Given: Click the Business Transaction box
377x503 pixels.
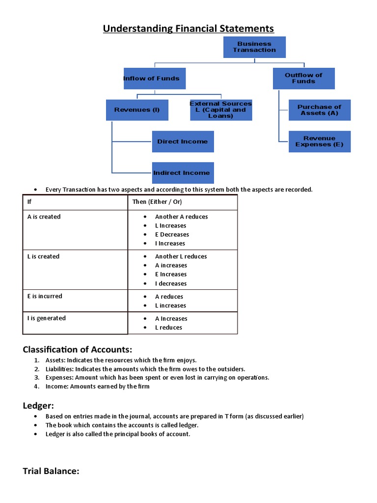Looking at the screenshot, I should click(x=254, y=47).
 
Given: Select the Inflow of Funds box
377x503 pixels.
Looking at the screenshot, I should click(x=154, y=79).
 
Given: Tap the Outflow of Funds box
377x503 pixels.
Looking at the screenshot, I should click(x=303, y=79).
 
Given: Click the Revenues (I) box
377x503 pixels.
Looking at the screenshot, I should click(x=137, y=110).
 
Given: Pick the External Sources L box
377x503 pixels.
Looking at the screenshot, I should click(x=220, y=110).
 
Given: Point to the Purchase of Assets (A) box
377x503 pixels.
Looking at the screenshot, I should click(x=319, y=110).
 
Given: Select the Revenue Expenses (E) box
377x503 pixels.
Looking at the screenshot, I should click(x=319, y=141).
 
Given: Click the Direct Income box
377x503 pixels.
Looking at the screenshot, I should click(x=183, y=141).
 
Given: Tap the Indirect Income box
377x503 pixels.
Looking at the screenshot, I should click(x=183, y=173).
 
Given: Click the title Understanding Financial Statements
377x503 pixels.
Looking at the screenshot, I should click(x=188, y=28).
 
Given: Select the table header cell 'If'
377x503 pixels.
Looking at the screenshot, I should click(x=29, y=202).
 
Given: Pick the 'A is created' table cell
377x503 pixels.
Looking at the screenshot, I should click(x=44, y=217).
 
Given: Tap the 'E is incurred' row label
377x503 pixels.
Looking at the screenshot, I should click(x=45, y=296).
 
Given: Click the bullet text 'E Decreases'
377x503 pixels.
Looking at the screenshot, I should click(x=172, y=234).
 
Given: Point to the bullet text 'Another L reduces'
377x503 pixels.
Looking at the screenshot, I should click(x=181, y=256).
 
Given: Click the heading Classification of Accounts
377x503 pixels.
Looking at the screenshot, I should click(x=78, y=350).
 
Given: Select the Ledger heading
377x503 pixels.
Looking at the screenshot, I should click(x=38, y=405).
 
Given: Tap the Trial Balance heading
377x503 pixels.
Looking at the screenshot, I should click(x=51, y=472).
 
